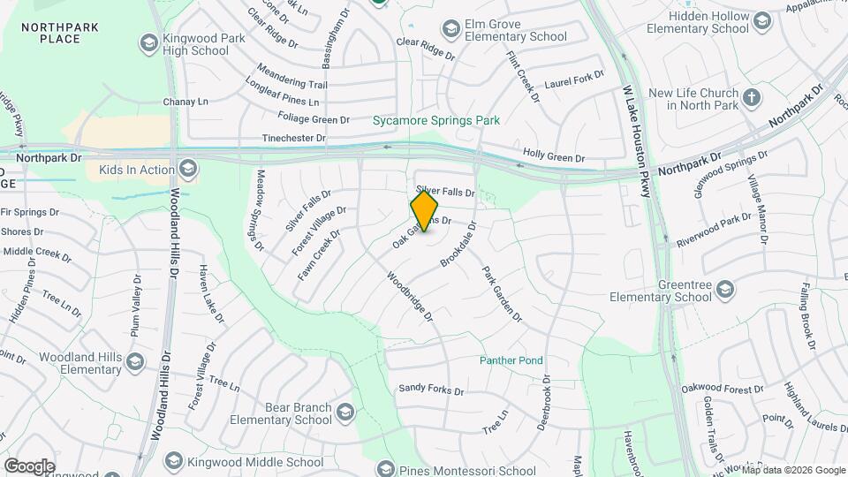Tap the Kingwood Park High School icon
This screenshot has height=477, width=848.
click(148, 42)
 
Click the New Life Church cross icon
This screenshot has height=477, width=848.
click(752, 97)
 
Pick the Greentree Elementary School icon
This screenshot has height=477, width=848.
click(725, 290)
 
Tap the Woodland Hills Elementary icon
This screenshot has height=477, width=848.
click(135, 361)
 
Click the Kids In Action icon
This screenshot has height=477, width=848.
click(187, 169)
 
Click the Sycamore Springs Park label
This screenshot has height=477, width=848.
click(435, 120)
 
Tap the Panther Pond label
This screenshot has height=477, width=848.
click(511, 360)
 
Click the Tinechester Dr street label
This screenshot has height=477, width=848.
click(294, 139)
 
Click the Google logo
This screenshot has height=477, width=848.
click(29, 466)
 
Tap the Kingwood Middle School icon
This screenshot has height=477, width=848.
click(173, 462)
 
